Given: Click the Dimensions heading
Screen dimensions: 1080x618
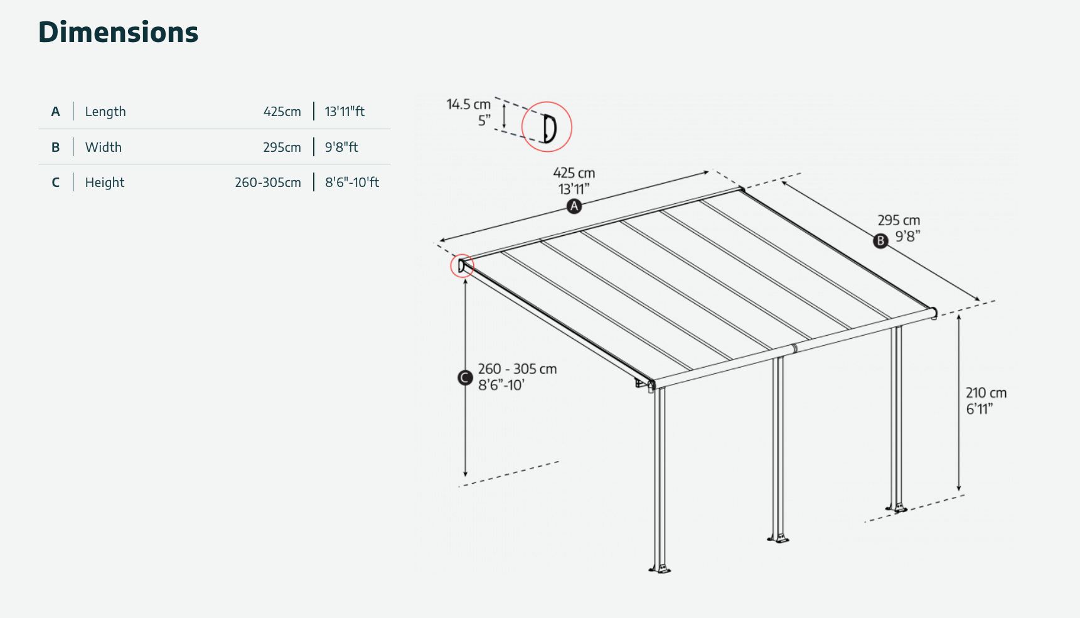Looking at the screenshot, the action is click(118, 32).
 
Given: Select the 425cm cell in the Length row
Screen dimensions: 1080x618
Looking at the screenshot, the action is click(282, 112).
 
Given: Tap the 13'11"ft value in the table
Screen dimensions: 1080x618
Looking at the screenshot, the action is click(345, 112).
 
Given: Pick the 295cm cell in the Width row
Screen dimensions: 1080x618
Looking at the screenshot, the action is click(282, 147).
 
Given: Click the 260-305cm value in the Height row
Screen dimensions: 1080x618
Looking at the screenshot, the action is click(268, 183).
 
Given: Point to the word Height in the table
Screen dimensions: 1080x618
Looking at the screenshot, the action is click(105, 183).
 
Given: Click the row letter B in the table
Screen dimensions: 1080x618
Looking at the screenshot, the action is click(56, 147).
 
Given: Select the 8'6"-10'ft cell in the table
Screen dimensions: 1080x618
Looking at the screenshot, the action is click(352, 183).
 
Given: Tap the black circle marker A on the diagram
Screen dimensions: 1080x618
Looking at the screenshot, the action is click(574, 206).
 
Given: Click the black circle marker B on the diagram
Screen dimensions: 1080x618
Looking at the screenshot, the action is click(881, 241).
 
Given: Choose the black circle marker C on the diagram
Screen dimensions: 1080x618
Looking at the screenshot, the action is click(465, 378).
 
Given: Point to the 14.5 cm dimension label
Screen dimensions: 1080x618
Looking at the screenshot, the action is click(468, 104).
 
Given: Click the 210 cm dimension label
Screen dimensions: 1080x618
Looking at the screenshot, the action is click(986, 393).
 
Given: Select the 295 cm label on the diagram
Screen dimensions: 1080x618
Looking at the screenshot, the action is click(899, 220).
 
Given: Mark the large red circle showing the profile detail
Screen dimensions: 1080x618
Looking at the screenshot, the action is click(547, 127).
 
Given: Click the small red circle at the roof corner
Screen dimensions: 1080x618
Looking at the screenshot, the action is click(462, 266).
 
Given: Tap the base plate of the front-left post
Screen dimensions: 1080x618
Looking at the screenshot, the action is click(660, 569).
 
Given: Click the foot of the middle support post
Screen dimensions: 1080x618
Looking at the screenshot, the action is click(778, 538).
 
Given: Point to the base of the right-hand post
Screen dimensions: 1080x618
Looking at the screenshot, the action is click(897, 508).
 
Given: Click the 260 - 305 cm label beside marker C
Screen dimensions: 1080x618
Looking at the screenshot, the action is click(517, 369).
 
